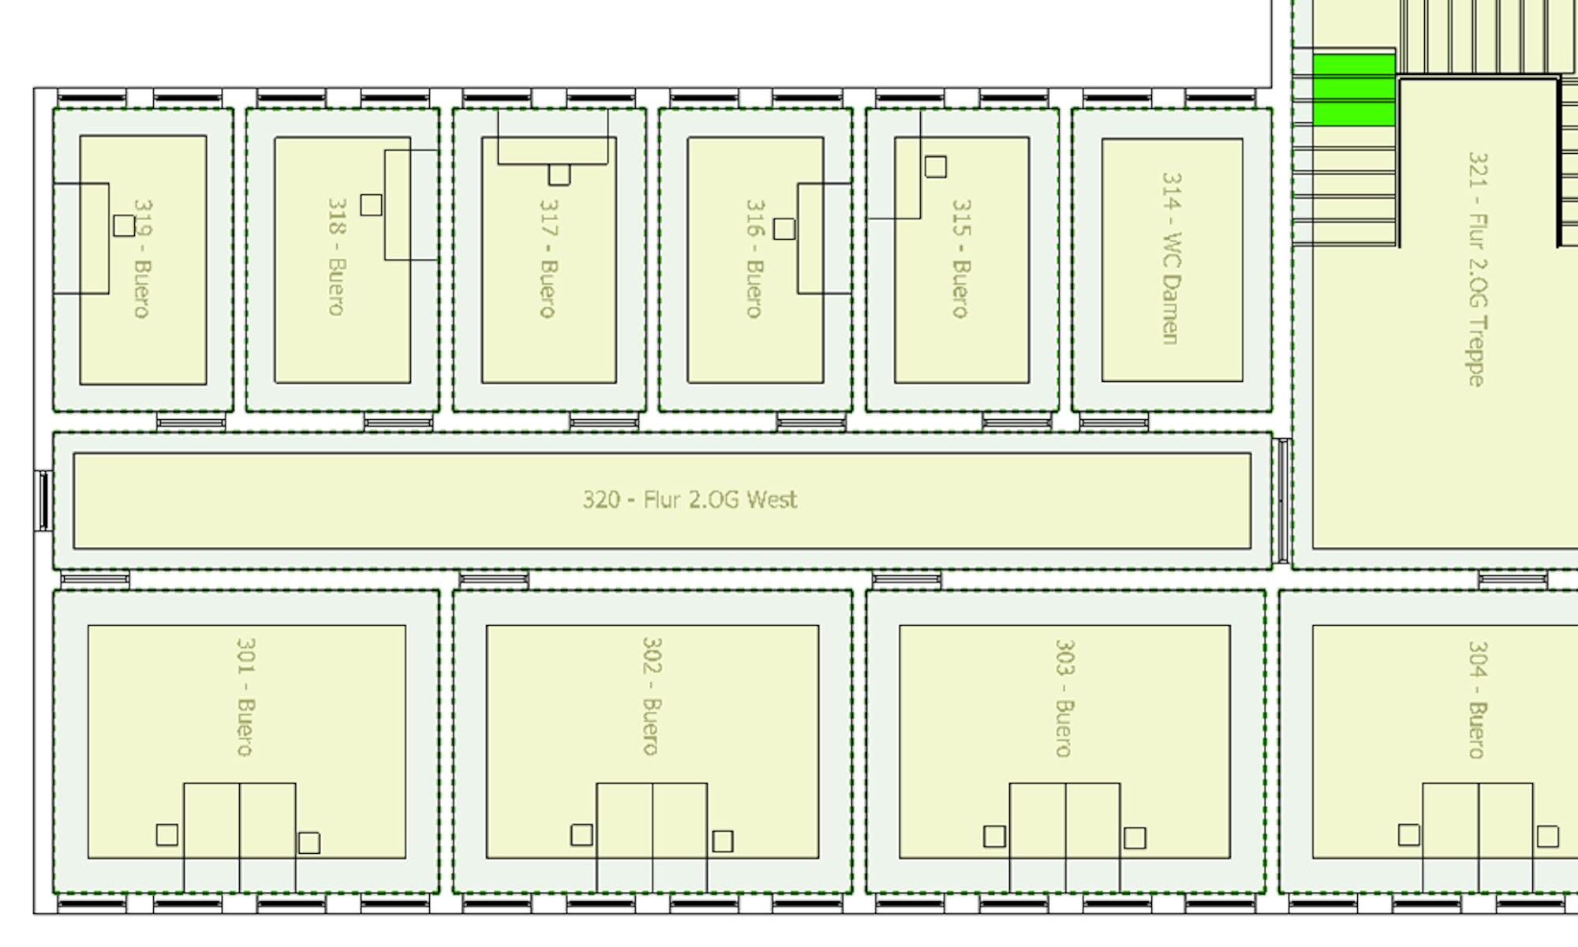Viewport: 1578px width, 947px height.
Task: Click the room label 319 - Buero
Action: click(143, 259)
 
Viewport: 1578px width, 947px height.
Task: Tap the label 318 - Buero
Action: click(337, 257)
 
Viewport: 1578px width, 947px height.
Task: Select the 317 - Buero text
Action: click(548, 259)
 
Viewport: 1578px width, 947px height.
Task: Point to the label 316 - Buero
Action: click(755, 259)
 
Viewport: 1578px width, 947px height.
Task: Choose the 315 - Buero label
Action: click(961, 259)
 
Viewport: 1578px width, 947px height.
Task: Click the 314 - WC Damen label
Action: click(1172, 259)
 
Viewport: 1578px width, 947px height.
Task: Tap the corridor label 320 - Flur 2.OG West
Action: click(690, 500)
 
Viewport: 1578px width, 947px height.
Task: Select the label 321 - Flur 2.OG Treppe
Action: click(1477, 269)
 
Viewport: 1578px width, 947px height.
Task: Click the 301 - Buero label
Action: click(245, 697)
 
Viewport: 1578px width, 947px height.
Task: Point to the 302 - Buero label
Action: click(652, 697)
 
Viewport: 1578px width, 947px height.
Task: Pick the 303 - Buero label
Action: click(1064, 698)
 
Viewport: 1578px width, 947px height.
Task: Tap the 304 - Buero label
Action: click(1477, 699)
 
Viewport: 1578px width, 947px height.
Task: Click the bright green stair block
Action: click(1354, 90)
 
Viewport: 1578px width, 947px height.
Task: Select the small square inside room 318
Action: click(371, 205)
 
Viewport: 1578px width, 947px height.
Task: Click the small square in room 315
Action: click(936, 167)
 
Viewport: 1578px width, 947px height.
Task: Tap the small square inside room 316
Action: click(784, 229)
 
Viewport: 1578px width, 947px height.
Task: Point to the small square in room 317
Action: click(559, 174)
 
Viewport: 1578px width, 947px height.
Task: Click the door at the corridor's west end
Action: click(43, 500)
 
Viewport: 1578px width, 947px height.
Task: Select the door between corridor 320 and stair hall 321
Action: click(1283, 500)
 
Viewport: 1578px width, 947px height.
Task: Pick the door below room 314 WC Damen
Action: click(1114, 423)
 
